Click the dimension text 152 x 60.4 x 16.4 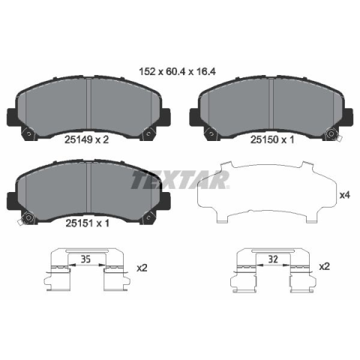pyautogui.click(x=177, y=72)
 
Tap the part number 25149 pyautogui.click(x=79, y=139)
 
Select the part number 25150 pyautogui.click(x=265, y=139)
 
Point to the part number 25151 pyautogui.click(x=79, y=223)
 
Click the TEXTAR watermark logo pyautogui.click(x=180, y=180)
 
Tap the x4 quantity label pyautogui.click(x=345, y=195)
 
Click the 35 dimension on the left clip pyautogui.click(x=85, y=259)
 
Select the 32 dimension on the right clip pyautogui.click(x=273, y=259)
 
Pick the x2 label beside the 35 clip pyautogui.click(x=142, y=268)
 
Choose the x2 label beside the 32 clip pyautogui.click(x=325, y=266)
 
